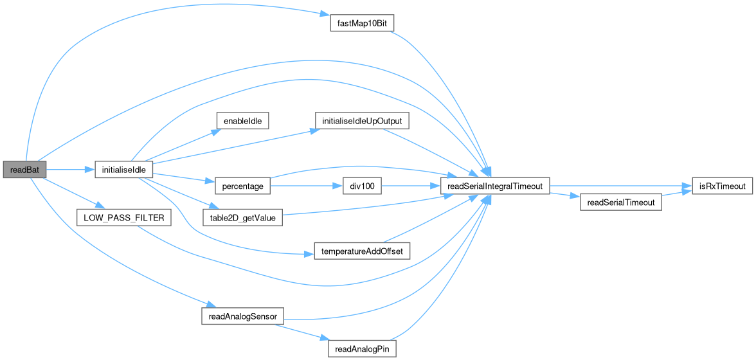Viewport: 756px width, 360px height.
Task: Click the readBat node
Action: [24, 170]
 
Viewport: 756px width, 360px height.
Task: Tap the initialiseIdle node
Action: [123, 170]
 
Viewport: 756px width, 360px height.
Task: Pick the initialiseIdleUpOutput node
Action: [362, 120]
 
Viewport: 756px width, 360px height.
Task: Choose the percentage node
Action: [242, 186]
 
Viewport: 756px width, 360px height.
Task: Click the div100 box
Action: [362, 186]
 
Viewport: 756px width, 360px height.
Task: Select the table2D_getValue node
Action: [242, 219]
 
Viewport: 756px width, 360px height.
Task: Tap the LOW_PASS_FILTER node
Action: [123, 218]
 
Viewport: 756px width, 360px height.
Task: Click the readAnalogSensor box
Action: [242, 316]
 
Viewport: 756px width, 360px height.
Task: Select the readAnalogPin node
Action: [361, 349]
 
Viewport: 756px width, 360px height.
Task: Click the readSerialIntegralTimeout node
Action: [494, 186]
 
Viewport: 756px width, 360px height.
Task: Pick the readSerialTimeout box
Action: [621, 203]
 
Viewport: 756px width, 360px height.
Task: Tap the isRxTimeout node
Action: [721, 186]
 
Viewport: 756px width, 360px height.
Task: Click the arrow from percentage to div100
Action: [306, 186]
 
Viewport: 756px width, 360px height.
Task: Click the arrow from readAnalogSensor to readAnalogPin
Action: [302, 333]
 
